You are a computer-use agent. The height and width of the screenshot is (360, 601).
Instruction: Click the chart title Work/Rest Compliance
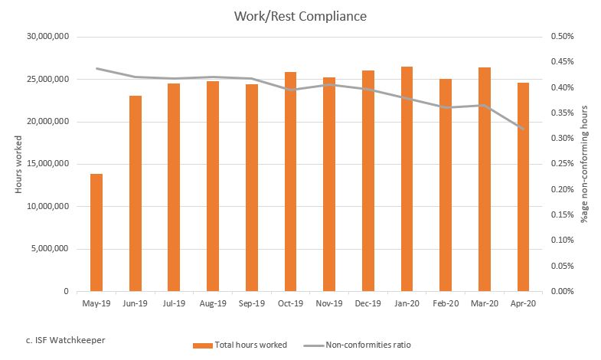[300, 15]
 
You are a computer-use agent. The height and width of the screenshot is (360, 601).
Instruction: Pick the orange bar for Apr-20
[523, 187]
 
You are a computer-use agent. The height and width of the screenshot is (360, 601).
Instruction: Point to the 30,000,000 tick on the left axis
[47, 37]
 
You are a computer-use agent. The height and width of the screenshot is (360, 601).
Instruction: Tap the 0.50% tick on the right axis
[562, 37]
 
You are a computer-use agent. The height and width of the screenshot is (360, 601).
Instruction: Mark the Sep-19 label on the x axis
[252, 303]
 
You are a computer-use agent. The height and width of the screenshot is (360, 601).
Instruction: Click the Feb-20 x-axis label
[446, 303]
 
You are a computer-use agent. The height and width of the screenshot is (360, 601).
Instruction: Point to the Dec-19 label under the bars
[368, 303]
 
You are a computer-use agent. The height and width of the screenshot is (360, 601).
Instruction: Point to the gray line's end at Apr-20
[524, 129]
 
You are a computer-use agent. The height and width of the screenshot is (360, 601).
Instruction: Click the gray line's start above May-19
[96, 68]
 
